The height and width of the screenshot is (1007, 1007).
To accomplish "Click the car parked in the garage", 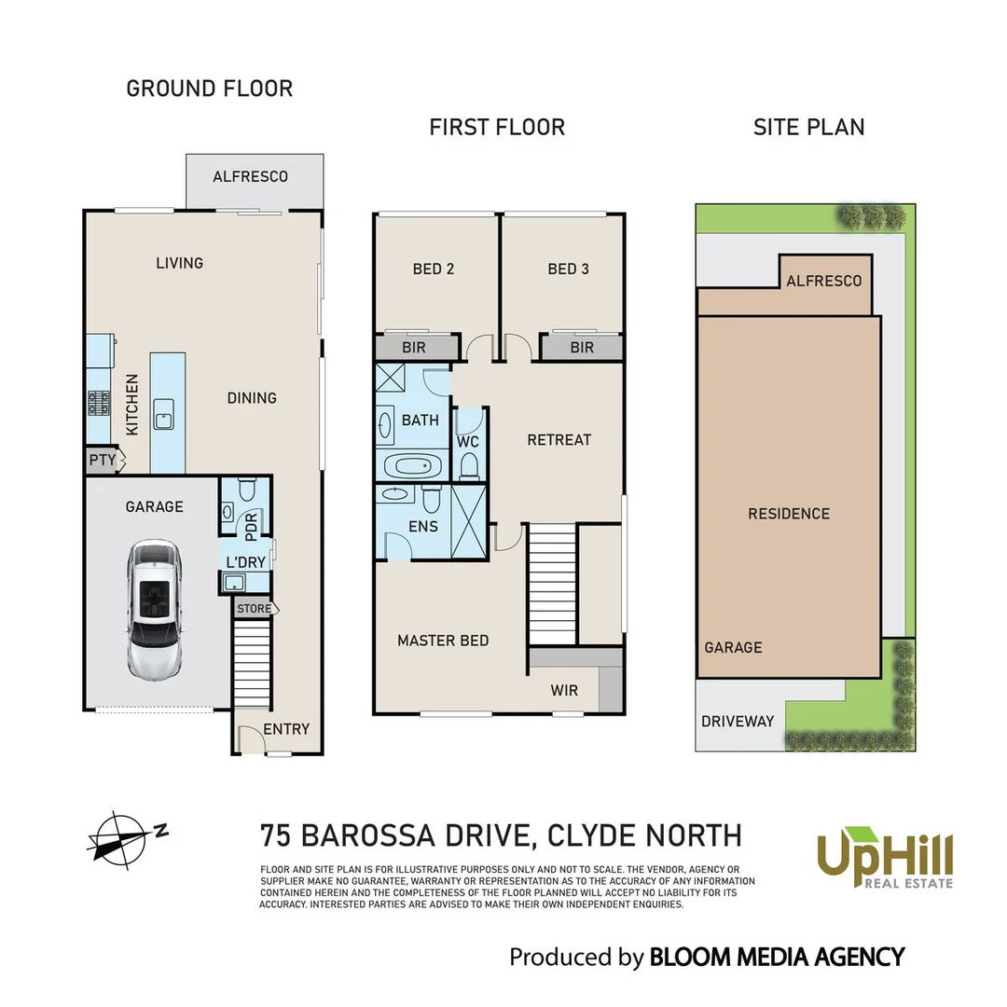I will [x=155, y=611].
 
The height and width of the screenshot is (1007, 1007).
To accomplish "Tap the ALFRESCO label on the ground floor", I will [x=250, y=176].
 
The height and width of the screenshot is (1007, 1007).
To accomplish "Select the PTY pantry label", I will [x=103, y=460].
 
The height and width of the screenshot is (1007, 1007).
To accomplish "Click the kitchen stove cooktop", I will [x=100, y=403].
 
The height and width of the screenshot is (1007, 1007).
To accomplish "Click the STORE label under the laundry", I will [x=254, y=609].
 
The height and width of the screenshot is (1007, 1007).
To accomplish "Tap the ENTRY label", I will [x=285, y=729].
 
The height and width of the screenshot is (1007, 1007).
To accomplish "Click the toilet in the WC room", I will [x=469, y=463].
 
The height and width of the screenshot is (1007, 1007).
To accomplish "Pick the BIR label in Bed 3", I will [x=582, y=348].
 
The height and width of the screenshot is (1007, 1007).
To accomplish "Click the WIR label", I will [x=564, y=691].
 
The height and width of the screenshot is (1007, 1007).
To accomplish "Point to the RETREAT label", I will [x=559, y=439].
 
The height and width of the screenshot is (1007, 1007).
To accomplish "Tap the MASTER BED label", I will [x=443, y=641].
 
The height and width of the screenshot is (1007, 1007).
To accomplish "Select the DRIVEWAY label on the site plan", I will [x=738, y=721].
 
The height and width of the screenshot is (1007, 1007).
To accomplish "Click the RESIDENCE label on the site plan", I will [x=788, y=514].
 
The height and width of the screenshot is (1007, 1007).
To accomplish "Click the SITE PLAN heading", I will [x=808, y=127].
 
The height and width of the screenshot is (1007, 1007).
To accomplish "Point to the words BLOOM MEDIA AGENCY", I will [x=776, y=957].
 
